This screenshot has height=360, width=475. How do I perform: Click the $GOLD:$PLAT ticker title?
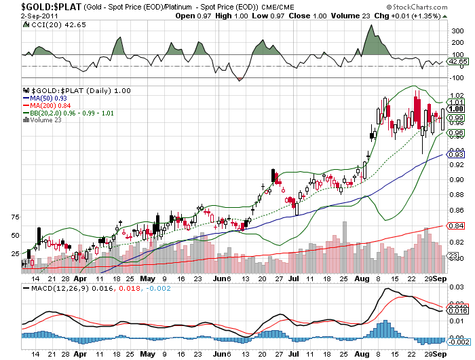point(41,6)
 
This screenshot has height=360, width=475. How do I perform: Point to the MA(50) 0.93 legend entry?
point(48,98)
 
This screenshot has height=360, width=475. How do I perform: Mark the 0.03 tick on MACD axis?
point(457,287)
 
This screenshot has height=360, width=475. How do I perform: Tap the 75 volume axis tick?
point(16,217)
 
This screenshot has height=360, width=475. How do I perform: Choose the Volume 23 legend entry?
point(45,120)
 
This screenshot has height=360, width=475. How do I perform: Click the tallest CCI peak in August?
point(370,26)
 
